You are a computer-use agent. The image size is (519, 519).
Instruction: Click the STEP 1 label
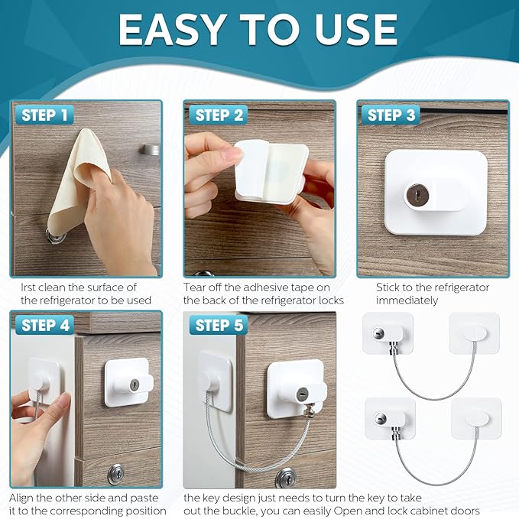[44, 115]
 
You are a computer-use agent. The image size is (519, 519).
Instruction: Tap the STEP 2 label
[219, 115]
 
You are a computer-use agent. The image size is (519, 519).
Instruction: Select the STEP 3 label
[391, 115]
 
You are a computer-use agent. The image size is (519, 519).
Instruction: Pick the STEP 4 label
[44, 325]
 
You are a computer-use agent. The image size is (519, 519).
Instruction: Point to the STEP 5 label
[219, 325]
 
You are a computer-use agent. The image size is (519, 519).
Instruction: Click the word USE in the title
[358, 31]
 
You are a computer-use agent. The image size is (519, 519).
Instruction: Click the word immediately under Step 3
[407, 300]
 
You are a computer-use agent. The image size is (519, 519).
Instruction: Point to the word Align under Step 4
[25, 498]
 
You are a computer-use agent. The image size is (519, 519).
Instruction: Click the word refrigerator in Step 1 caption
[73, 300]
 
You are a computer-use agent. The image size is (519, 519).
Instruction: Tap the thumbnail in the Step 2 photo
[231, 155]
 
